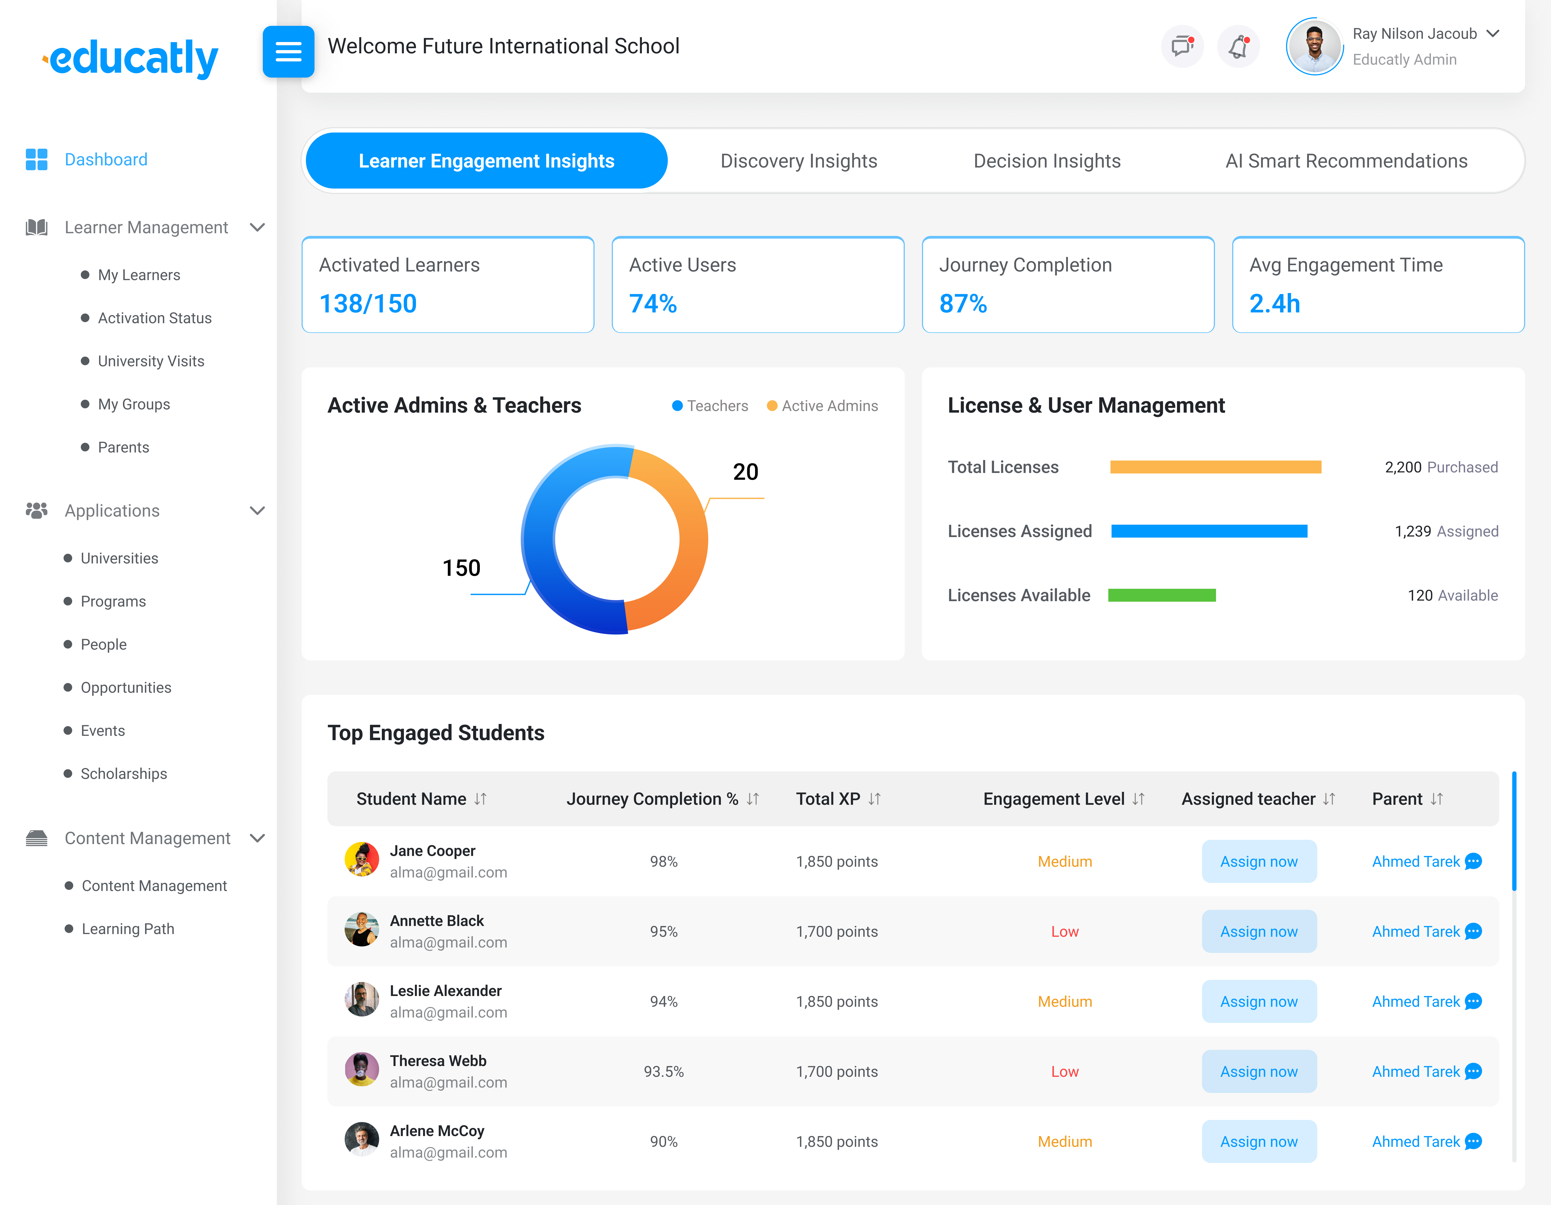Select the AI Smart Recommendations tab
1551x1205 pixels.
pyautogui.click(x=1346, y=161)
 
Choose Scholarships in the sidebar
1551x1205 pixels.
pyautogui.click(x=124, y=774)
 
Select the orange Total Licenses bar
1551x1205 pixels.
pyautogui.click(x=1215, y=467)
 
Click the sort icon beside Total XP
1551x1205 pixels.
pyautogui.click(x=874, y=799)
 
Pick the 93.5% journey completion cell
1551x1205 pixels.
pyautogui.click(x=663, y=1071)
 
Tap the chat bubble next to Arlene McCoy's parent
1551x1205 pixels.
pyautogui.click(x=1474, y=1142)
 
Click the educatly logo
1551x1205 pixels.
pyautogui.click(x=131, y=58)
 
